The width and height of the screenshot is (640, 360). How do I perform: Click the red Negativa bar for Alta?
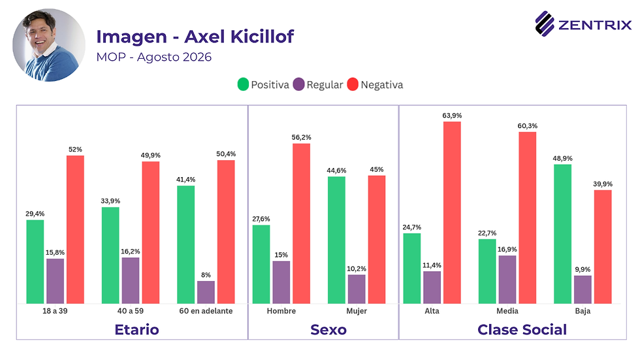coord(452,212)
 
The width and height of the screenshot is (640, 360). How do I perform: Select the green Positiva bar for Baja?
coord(562,234)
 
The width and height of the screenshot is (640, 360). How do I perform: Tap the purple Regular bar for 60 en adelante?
coord(206,292)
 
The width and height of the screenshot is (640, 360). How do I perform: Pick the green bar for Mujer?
coord(336,240)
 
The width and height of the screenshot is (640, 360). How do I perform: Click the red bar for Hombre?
coord(301,223)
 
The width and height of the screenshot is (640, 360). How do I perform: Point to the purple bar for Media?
coord(507,280)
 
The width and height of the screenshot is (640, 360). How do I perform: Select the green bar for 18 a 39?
coord(35,261)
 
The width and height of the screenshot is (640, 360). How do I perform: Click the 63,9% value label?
coord(452,116)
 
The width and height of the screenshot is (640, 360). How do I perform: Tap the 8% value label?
coord(206,275)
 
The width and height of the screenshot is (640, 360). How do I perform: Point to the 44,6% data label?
coord(336,171)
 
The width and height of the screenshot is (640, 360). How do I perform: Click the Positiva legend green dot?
coord(243,84)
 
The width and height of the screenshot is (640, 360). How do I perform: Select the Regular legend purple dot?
coord(299,84)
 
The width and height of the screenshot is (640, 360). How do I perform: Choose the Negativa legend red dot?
coord(353,84)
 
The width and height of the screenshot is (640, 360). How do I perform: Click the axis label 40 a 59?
coord(131,311)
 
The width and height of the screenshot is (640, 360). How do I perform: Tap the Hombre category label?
coord(281,311)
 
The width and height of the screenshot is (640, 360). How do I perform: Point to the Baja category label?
coord(583,311)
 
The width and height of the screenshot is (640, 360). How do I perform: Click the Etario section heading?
coord(136,329)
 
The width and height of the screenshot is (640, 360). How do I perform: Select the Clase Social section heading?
coord(522,329)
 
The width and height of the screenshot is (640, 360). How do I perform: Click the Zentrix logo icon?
coord(545,24)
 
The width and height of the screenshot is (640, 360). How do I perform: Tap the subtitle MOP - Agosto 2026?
coord(154,57)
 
